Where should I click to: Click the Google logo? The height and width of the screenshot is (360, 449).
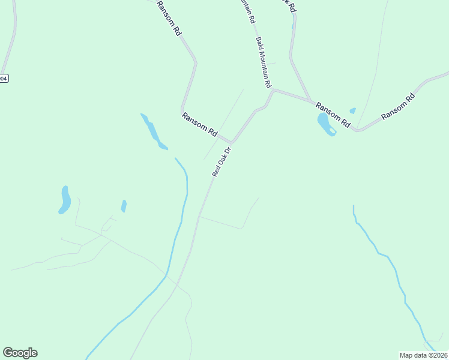click(x=20, y=353)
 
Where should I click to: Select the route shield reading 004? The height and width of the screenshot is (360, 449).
click(x=4, y=79)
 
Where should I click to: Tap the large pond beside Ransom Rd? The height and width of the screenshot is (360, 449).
click(x=325, y=124)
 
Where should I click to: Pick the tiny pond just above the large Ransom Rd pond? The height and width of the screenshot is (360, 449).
click(x=352, y=110)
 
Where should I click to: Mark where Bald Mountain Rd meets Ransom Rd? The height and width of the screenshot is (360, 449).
click(x=274, y=91)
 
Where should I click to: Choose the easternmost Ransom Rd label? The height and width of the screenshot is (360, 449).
click(x=397, y=106)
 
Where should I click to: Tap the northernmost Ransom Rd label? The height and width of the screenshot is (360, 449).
click(x=169, y=19)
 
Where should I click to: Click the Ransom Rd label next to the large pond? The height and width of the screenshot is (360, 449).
click(x=333, y=114)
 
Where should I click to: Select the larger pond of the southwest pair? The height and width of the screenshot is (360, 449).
click(x=64, y=200)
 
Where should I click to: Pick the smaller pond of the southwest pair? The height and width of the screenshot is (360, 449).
click(x=124, y=206)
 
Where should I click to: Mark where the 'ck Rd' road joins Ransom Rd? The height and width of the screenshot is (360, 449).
click(x=310, y=101)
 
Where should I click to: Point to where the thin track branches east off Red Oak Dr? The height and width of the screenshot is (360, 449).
click(x=200, y=217)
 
